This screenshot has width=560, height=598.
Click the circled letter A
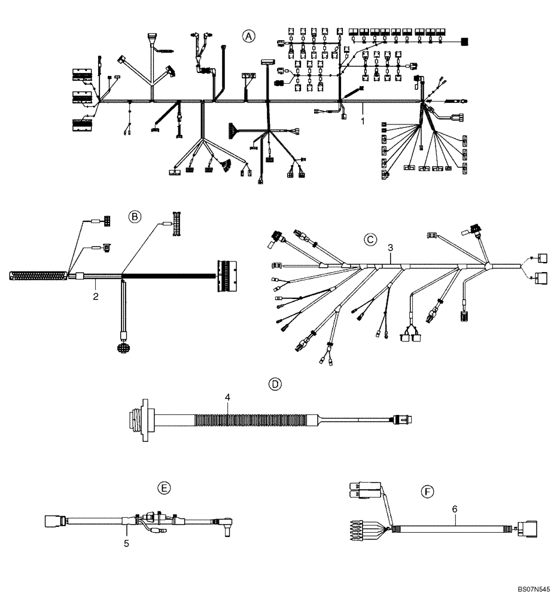click(x=248, y=36)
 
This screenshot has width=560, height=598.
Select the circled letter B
click(x=136, y=217)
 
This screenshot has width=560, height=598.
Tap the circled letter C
click(x=371, y=240)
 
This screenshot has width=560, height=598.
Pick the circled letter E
click(x=163, y=488)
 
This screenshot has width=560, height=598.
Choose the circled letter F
click(x=427, y=492)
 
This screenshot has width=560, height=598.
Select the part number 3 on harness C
click(x=390, y=246)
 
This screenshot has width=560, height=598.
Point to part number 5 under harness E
click(x=126, y=544)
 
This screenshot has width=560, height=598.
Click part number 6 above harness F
click(x=455, y=509)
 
